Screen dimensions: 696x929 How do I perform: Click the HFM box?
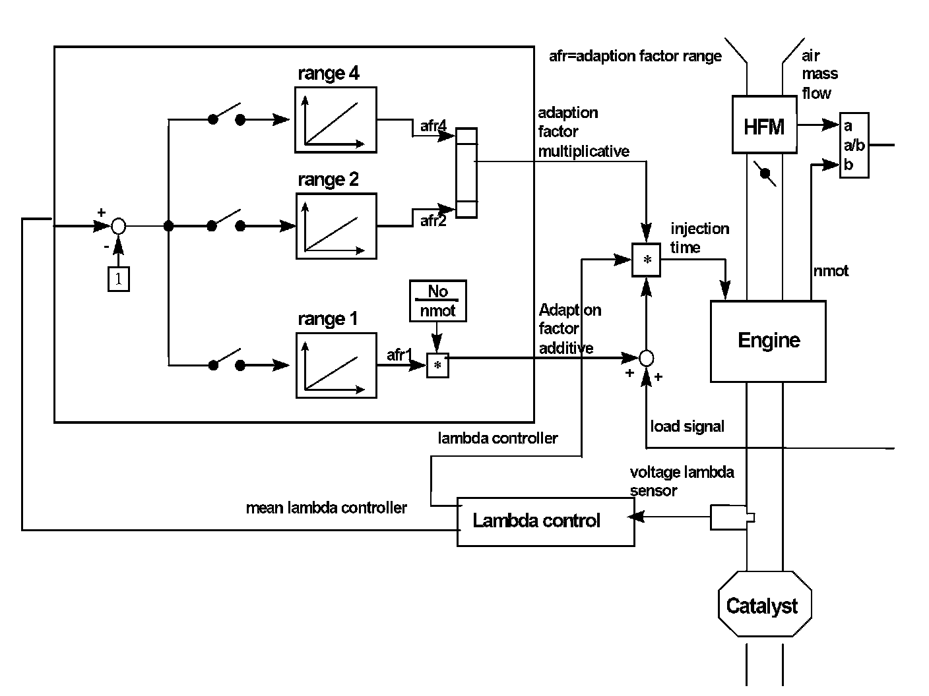coord(764,125)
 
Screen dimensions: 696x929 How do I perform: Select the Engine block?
coord(768,341)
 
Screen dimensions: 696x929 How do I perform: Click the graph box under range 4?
coord(336,120)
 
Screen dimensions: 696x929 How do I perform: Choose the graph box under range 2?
coord(336,225)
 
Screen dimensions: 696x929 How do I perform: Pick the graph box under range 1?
coord(336,364)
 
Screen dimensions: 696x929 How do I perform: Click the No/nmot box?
coord(438,301)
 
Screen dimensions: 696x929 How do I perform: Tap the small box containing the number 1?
coord(118,279)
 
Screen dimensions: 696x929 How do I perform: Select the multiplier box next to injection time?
coord(647,260)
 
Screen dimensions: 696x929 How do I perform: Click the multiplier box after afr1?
coord(437,365)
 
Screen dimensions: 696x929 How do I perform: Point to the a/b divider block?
coord(854,145)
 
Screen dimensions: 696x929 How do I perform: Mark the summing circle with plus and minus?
coord(118,226)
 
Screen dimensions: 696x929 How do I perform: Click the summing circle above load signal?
coord(647,358)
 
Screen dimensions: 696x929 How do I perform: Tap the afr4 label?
coord(433,125)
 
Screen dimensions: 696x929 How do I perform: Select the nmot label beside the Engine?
coord(831,271)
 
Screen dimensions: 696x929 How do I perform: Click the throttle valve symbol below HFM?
coord(765,174)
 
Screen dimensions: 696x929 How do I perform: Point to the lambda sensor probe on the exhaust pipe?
coord(731,517)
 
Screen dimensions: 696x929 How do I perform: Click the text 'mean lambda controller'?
coord(326,508)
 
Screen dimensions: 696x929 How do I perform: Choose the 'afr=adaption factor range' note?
coord(635,56)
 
